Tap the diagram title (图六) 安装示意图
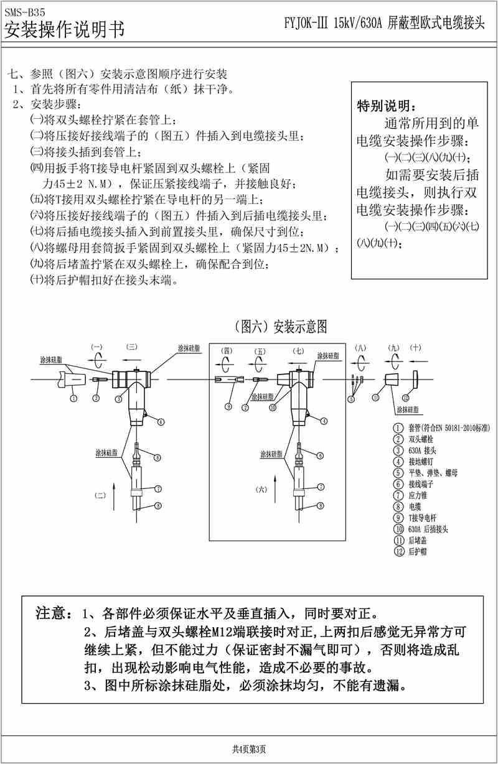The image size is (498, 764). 278,326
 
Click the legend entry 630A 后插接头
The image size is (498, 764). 429,529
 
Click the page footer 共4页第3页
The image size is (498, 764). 249,749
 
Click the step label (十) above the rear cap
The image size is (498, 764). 416,348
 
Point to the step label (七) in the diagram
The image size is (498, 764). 298,351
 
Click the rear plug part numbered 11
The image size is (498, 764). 392,380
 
